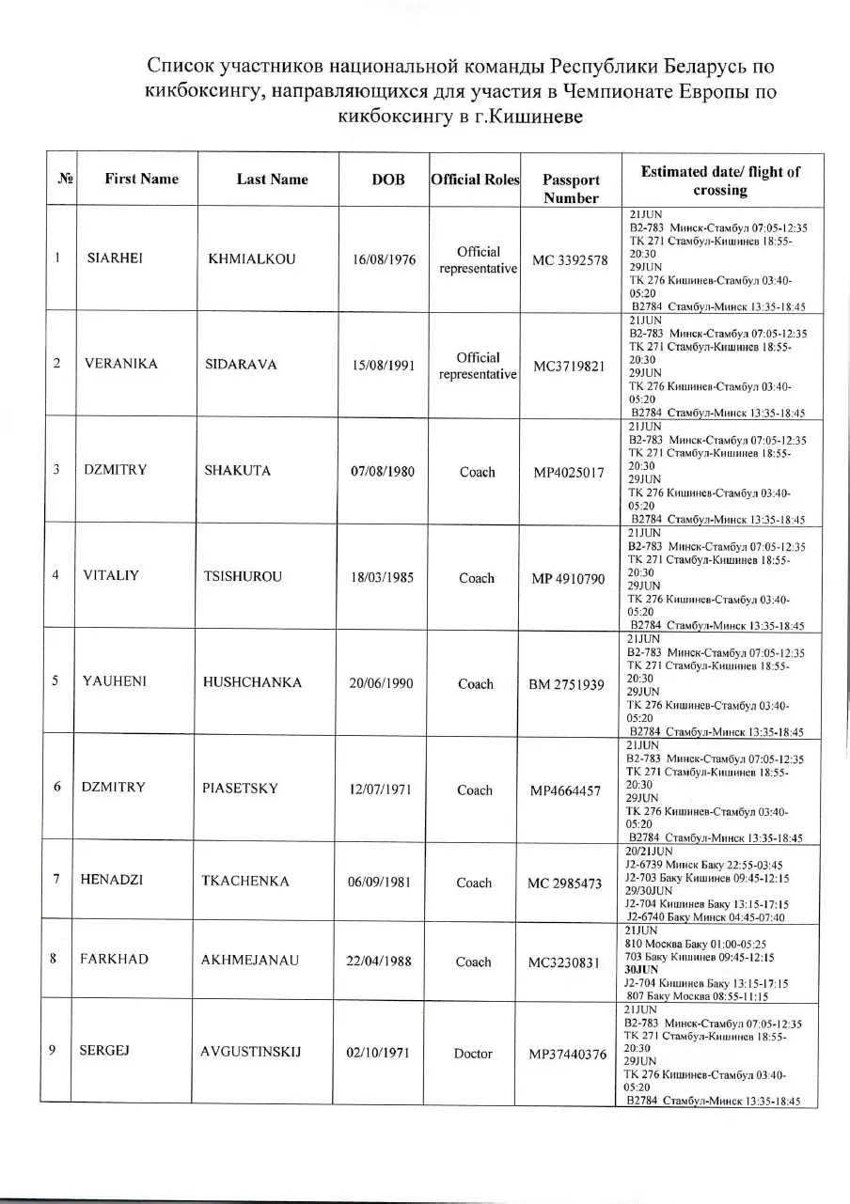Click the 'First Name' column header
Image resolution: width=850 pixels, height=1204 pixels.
[x=141, y=179]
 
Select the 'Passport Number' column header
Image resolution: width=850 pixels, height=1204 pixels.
[x=571, y=189]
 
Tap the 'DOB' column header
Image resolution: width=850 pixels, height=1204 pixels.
[x=388, y=179]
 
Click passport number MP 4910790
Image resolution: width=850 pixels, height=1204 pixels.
[x=568, y=578]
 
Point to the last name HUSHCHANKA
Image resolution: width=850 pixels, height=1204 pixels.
[x=252, y=683]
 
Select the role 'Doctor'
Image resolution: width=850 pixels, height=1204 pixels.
[x=473, y=1054]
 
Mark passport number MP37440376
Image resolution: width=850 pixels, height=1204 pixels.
[x=568, y=1055]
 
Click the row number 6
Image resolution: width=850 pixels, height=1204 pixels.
[x=57, y=788]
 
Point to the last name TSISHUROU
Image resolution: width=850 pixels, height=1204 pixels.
[x=243, y=577]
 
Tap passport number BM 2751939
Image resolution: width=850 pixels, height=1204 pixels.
[x=567, y=684]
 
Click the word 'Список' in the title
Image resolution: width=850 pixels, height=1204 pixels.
[x=179, y=68]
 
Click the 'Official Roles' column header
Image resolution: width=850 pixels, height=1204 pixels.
[x=475, y=179]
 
